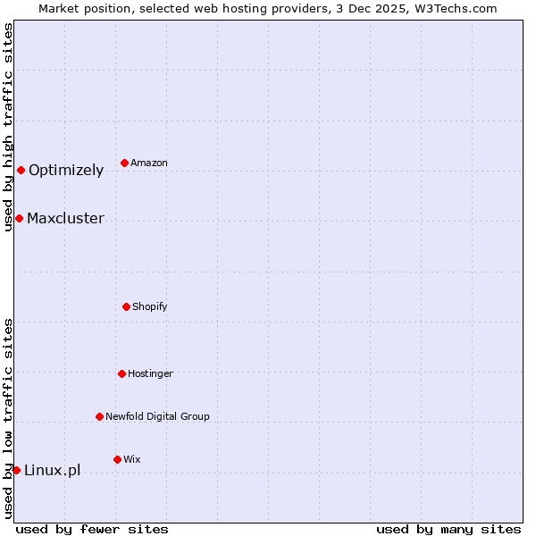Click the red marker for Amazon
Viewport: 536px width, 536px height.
pos(124,163)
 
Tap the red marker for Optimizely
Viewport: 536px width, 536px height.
pos(21,170)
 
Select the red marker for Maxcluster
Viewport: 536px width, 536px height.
pos(19,218)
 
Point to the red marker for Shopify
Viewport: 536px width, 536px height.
pos(126,306)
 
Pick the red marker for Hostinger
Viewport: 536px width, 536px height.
pos(121,373)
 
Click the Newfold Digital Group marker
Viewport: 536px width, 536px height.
pos(99,416)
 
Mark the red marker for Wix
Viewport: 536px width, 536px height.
pos(117,459)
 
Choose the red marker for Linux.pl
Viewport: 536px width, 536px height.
pos(16,470)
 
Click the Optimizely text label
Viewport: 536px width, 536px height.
pos(66,171)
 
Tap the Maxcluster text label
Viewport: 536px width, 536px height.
pos(65,219)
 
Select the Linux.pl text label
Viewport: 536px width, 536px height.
pos(52,471)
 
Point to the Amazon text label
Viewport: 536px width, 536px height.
pos(149,163)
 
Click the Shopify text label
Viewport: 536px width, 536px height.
pos(150,307)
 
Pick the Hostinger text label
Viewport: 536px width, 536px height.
pos(150,373)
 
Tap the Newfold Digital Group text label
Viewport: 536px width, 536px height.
pos(157,417)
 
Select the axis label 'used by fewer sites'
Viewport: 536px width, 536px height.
pos(92,529)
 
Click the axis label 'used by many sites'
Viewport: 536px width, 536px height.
pos(448,529)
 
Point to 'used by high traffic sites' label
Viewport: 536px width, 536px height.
pos(8,128)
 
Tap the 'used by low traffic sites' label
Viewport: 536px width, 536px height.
pos(8,417)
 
